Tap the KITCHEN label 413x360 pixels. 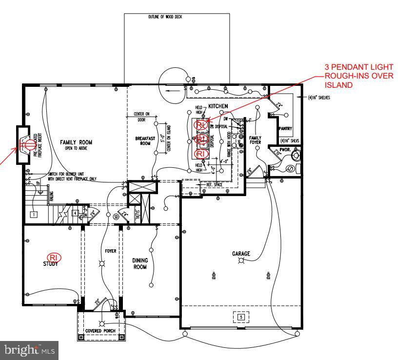pos(218,106)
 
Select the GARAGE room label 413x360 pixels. pos(241,254)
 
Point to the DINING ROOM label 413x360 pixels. pos(140,264)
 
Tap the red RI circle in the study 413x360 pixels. pos(53,257)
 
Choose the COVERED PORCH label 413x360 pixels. pos(100,331)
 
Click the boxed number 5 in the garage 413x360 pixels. pos(240,317)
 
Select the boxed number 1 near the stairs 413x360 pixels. pos(34,214)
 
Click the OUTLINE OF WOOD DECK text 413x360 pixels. pos(166,17)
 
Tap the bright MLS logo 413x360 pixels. pos(29,350)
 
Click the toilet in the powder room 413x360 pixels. pos(295,156)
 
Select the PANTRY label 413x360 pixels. pos(285,129)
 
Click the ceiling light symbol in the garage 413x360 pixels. pos(240,261)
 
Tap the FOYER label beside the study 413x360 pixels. pos(111,251)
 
